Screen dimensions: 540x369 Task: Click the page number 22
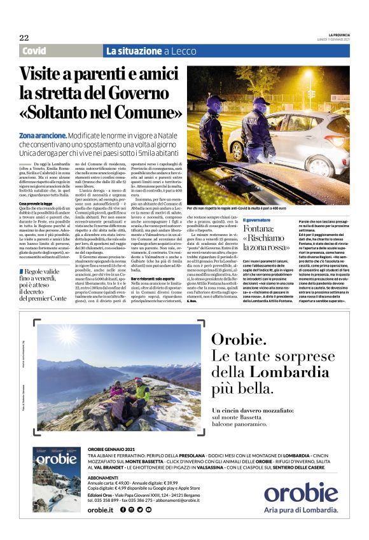click(x=24, y=38)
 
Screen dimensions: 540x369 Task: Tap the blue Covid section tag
click(x=34, y=51)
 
